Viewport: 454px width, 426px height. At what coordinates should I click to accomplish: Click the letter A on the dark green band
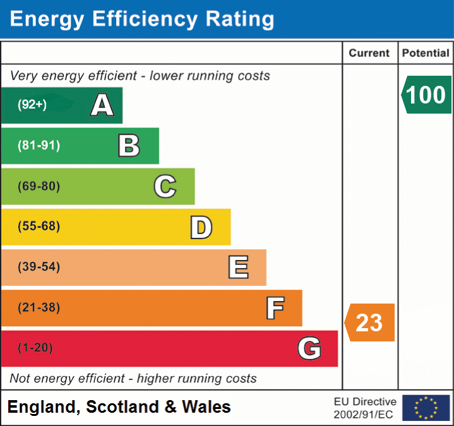tap(102, 105)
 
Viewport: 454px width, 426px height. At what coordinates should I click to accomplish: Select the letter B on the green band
tap(129, 146)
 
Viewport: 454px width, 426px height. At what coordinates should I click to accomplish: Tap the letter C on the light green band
tap(165, 186)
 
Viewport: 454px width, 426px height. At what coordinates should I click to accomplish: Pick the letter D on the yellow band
tap(201, 227)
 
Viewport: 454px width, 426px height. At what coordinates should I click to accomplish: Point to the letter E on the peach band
tap(237, 268)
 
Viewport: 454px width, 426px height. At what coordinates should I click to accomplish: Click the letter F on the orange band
tap(275, 308)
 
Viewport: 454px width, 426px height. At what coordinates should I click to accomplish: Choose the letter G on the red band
tap(309, 348)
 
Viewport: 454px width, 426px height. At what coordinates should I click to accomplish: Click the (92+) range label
tap(32, 105)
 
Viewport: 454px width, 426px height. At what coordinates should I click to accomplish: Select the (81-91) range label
tap(39, 146)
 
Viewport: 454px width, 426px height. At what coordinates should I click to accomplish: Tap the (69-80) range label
tap(39, 186)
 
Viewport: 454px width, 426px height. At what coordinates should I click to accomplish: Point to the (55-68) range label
tap(39, 227)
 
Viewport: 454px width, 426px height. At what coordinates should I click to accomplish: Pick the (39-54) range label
tap(39, 267)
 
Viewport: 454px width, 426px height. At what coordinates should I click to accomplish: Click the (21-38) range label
tap(39, 307)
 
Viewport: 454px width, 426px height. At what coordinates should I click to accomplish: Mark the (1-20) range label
tap(35, 348)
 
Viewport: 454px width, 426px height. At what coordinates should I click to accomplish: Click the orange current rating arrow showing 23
tap(370, 322)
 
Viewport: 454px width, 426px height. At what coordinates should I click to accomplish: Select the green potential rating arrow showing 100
tap(426, 95)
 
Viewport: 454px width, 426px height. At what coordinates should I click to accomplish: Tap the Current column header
tap(369, 54)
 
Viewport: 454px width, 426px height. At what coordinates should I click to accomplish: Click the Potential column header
tap(426, 54)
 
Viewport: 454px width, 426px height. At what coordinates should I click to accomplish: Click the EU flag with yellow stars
tap(426, 408)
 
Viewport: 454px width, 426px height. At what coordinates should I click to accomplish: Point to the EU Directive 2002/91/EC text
tap(365, 408)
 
